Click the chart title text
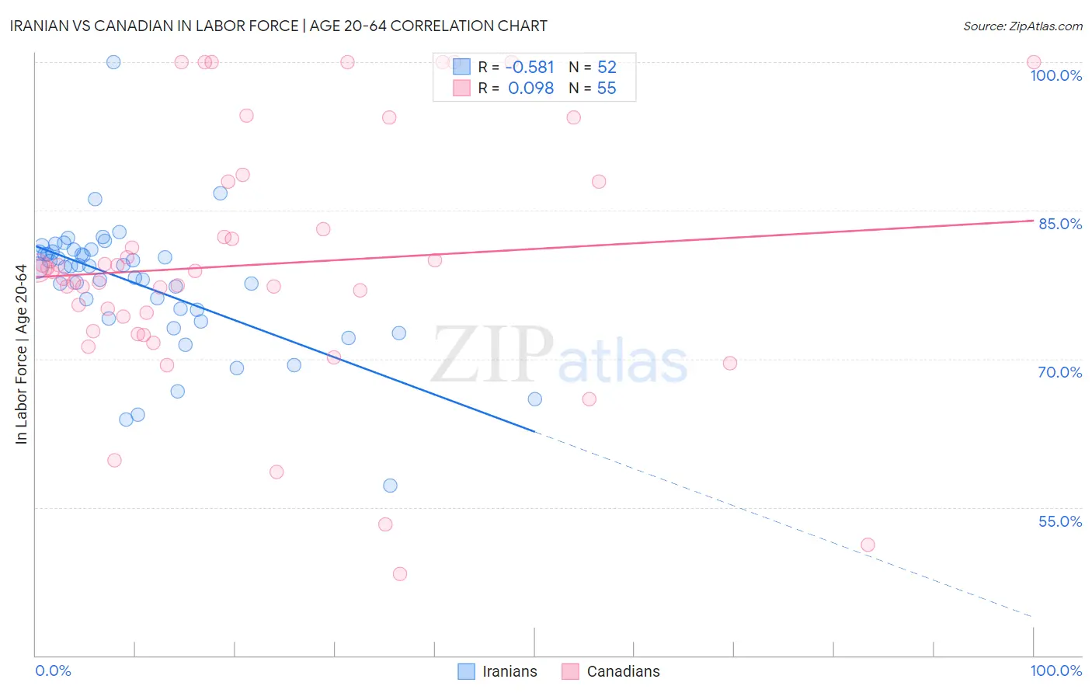click(279, 26)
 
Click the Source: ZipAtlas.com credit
click(1022, 26)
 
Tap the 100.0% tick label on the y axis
click(1055, 75)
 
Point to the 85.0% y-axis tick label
click(1060, 224)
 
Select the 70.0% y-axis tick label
click(1060, 372)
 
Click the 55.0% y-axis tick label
click(1060, 521)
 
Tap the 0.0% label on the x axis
click(53, 670)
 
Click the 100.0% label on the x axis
click(1055, 670)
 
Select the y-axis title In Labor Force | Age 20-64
click(22, 354)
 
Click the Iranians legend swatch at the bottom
click(466, 671)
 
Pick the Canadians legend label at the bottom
click(623, 671)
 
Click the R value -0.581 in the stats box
click(530, 68)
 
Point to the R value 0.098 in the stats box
click(530, 89)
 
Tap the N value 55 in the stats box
click(607, 89)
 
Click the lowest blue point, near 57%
click(390, 486)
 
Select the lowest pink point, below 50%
click(400, 574)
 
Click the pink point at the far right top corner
click(1034, 62)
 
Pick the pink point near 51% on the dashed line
click(868, 545)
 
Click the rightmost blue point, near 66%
click(535, 399)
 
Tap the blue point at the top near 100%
click(113, 62)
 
